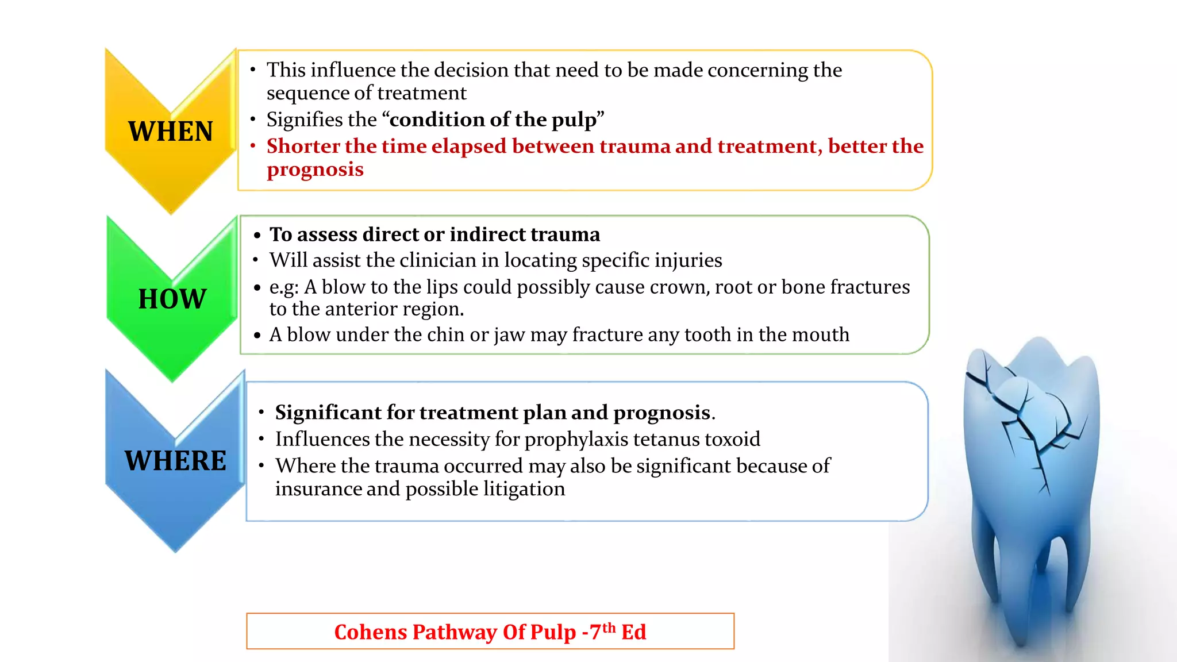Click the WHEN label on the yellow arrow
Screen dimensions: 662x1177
(170, 132)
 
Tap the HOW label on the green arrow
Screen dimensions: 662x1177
(172, 299)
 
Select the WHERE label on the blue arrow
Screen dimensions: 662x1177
(175, 461)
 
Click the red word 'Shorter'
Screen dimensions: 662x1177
(302, 146)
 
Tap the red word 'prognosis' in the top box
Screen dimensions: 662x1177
(315, 170)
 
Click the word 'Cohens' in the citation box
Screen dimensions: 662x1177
(370, 632)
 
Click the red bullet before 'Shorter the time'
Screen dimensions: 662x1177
(252, 146)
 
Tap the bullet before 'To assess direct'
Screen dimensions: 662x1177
(257, 235)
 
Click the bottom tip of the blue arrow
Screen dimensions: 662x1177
(175, 551)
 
